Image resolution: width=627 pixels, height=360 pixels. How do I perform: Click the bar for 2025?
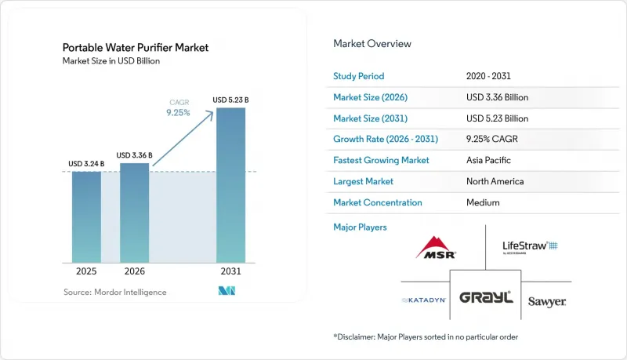click(x=86, y=217)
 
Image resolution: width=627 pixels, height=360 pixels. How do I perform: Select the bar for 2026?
click(x=134, y=213)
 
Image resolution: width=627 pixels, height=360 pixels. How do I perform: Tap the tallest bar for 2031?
click(x=230, y=185)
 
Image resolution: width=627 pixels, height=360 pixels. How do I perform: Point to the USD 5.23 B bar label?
click(x=230, y=100)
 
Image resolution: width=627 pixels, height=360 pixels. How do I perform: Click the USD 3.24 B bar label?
click(x=86, y=164)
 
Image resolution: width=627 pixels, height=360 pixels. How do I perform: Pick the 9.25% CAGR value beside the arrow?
click(x=179, y=113)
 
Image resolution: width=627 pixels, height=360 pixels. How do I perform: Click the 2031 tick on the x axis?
click(x=230, y=271)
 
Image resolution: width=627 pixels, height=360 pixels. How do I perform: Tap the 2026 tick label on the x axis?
click(x=134, y=271)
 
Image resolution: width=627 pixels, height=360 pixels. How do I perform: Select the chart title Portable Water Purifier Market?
click(x=136, y=48)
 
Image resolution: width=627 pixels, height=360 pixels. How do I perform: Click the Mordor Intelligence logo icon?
click(x=227, y=291)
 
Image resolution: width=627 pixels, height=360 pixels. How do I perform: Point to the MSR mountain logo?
click(x=436, y=247)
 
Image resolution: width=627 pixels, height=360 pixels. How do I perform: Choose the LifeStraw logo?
click(x=530, y=247)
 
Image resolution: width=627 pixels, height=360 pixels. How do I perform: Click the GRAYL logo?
click(x=486, y=297)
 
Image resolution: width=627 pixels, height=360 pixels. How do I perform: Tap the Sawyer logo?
click(x=546, y=302)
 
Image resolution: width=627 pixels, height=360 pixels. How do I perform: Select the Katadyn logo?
click(x=424, y=300)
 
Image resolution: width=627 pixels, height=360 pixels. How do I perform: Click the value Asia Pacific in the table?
click(x=488, y=161)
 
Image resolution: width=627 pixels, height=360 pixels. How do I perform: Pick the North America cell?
click(x=495, y=182)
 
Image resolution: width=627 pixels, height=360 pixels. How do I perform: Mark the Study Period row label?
click(x=359, y=76)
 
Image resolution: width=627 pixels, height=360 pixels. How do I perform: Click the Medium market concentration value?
click(x=483, y=203)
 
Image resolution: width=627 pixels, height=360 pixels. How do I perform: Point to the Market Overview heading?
click(x=372, y=44)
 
